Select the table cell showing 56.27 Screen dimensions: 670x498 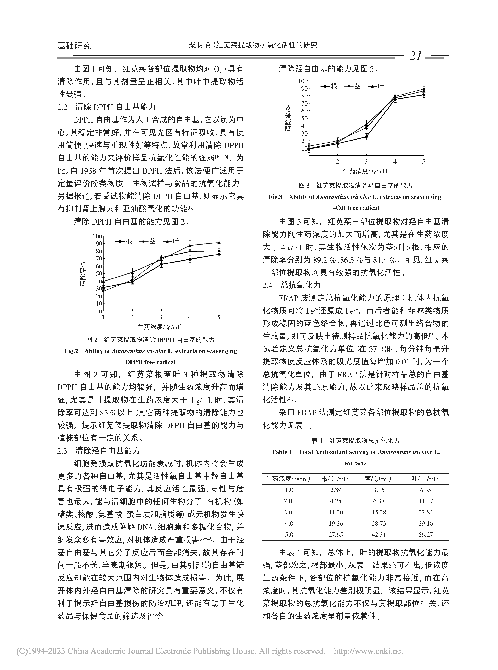[425, 535]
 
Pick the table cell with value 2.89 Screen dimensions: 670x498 [335, 490]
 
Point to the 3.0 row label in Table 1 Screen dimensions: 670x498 [289, 512]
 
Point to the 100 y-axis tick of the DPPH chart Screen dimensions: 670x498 [97, 236]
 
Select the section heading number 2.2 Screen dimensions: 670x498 [62, 107]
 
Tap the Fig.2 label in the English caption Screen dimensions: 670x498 [71, 351]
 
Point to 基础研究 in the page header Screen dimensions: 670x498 [74, 46]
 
